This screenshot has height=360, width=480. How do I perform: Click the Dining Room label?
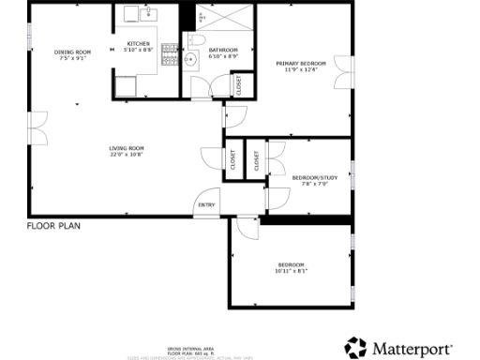[x=72, y=52]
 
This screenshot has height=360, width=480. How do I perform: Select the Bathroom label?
[x=223, y=50]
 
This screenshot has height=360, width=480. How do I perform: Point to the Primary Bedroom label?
[x=300, y=63]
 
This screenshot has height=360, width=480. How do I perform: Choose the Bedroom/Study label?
[x=315, y=177]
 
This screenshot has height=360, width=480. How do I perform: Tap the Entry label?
[x=205, y=205]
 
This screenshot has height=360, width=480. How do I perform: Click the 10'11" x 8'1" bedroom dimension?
[x=292, y=271]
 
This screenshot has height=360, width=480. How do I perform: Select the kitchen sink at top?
[x=146, y=13]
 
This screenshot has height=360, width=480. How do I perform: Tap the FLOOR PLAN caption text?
[x=52, y=226]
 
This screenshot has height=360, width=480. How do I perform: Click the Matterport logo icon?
[x=355, y=348]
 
